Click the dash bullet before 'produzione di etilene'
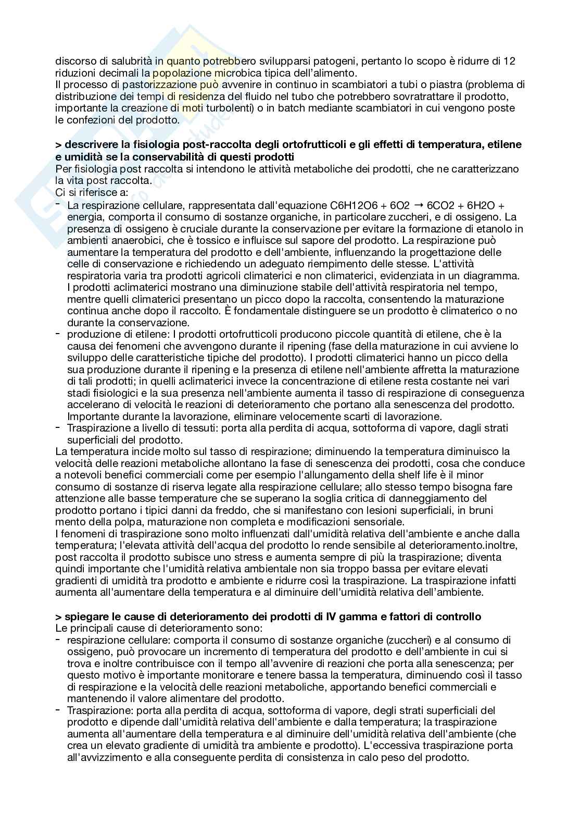(x=58, y=334)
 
